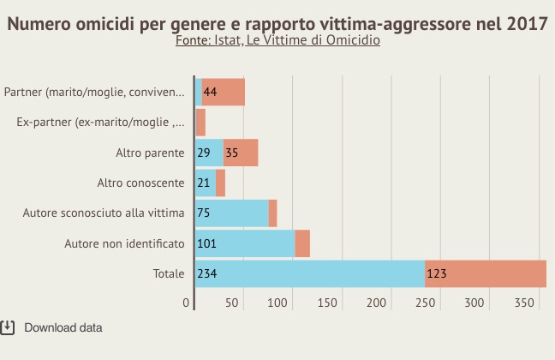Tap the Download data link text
coord(63,327)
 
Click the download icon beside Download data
coord(8,327)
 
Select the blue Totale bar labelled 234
coord(310,274)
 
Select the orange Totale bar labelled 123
coord(486,274)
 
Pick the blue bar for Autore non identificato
coord(245,243)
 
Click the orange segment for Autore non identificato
coord(302,243)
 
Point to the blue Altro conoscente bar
coord(206,183)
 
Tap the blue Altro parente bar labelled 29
coord(210,153)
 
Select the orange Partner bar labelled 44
coord(224,92)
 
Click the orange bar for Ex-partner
coord(201,122)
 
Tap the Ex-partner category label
coord(100,122)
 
